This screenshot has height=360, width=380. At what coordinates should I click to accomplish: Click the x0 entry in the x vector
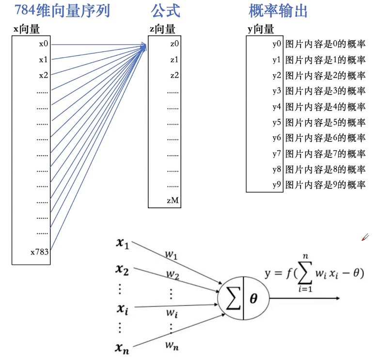[x=44, y=44]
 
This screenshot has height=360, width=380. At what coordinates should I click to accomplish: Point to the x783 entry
[x=39, y=252]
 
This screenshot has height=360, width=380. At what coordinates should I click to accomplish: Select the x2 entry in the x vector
[x=44, y=75]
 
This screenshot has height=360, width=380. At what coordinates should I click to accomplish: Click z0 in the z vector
[x=174, y=44]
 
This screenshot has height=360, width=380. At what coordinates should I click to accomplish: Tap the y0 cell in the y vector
[x=277, y=44]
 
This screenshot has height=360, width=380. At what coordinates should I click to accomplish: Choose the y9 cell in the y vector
[x=277, y=184]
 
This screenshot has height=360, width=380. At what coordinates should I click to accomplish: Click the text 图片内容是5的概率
[x=325, y=122]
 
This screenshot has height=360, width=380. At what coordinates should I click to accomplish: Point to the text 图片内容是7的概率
[x=325, y=154]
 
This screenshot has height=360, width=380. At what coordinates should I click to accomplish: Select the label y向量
[x=261, y=29]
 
